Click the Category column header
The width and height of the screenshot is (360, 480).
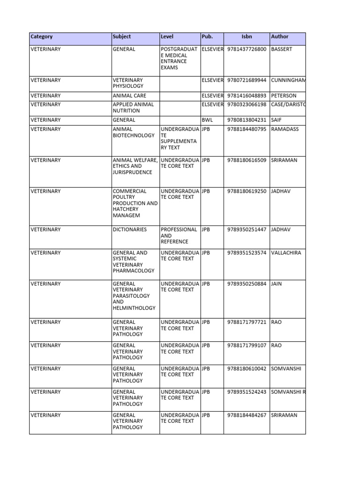(42, 37)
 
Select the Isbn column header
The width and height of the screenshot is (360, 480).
(247, 37)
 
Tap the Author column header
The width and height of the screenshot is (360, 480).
(279, 37)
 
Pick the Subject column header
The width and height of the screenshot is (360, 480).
(122, 37)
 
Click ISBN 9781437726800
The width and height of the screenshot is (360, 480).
(247, 49)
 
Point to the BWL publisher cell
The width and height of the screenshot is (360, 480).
(207, 120)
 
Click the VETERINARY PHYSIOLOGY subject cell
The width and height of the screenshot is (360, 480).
(128, 83)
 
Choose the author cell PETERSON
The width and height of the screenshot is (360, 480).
(284, 96)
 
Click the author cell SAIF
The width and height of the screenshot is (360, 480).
(277, 120)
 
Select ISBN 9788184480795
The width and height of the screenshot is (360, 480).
(247, 129)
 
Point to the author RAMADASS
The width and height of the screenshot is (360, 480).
(285, 129)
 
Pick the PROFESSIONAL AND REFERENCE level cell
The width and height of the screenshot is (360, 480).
(179, 236)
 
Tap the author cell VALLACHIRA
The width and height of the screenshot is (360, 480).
(286, 253)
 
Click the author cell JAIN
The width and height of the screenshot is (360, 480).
(277, 284)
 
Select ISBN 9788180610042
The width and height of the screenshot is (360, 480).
(247, 369)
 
